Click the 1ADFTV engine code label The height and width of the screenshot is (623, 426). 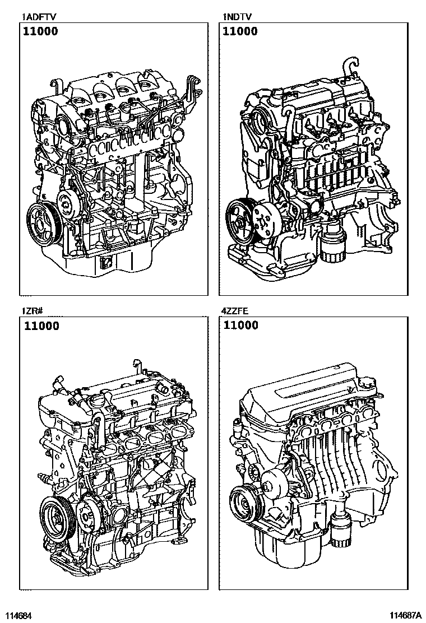tap(39, 17)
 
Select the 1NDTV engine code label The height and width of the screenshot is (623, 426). tap(237, 17)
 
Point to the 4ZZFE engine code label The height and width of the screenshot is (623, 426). tap(235, 311)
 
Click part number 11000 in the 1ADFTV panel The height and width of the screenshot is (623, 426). tap(40, 31)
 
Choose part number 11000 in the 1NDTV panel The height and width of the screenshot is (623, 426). tap(240, 31)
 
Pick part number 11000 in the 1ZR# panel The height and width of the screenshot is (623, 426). tap(41, 326)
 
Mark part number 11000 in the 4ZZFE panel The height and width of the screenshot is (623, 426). tap(241, 325)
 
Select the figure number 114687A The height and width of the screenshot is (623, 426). tap(405, 615)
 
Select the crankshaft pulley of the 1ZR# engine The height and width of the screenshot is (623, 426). tap(56, 516)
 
